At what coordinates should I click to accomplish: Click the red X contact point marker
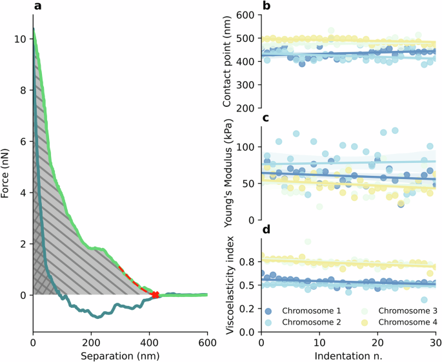tap(155, 295)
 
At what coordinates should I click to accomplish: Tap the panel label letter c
tap(265, 119)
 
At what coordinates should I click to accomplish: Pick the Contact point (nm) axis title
tap(226, 61)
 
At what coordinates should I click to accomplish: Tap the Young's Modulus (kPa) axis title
tap(228, 174)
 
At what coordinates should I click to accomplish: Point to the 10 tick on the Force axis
tap(21, 39)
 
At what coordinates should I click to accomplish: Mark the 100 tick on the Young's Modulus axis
tap(246, 148)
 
